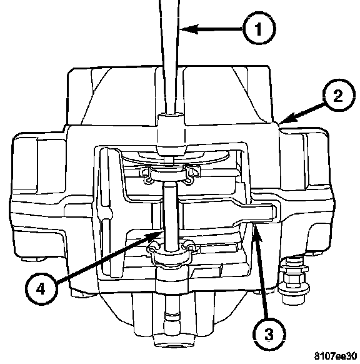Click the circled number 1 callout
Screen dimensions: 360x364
[x=259, y=29]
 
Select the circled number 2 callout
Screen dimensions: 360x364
[x=339, y=95]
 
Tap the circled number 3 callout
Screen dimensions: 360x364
[x=269, y=335]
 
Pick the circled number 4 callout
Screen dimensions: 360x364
[x=41, y=289]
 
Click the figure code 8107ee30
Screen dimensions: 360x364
[x=336, y=356]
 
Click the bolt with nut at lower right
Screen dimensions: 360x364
[x=293, y=280]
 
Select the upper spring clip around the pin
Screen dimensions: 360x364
[x=169, y=174]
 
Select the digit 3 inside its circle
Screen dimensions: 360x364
[x=269, y=335]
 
